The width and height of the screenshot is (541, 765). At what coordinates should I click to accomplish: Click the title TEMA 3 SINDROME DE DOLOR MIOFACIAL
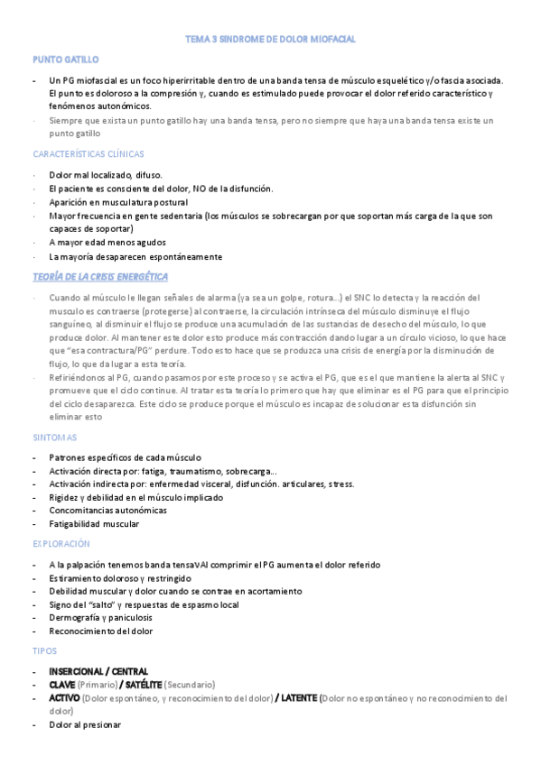270,40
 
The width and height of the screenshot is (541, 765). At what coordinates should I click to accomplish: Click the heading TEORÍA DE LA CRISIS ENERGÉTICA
100,276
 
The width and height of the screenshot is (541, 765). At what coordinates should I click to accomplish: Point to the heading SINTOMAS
55,438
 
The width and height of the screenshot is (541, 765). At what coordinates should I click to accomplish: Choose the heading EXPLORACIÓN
61,544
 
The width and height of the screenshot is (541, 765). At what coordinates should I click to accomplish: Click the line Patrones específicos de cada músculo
125,457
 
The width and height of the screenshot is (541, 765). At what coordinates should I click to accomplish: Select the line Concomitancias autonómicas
107,510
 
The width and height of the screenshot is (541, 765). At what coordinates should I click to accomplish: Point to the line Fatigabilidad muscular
95,523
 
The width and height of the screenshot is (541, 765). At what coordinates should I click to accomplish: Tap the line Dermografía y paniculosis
101,617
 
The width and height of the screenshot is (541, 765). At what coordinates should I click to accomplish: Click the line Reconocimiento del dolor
101,631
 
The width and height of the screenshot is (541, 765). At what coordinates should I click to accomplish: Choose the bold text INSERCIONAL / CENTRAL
98,671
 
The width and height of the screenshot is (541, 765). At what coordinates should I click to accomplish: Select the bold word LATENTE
297,698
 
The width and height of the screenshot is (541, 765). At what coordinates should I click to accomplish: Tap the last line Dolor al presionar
85,724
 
